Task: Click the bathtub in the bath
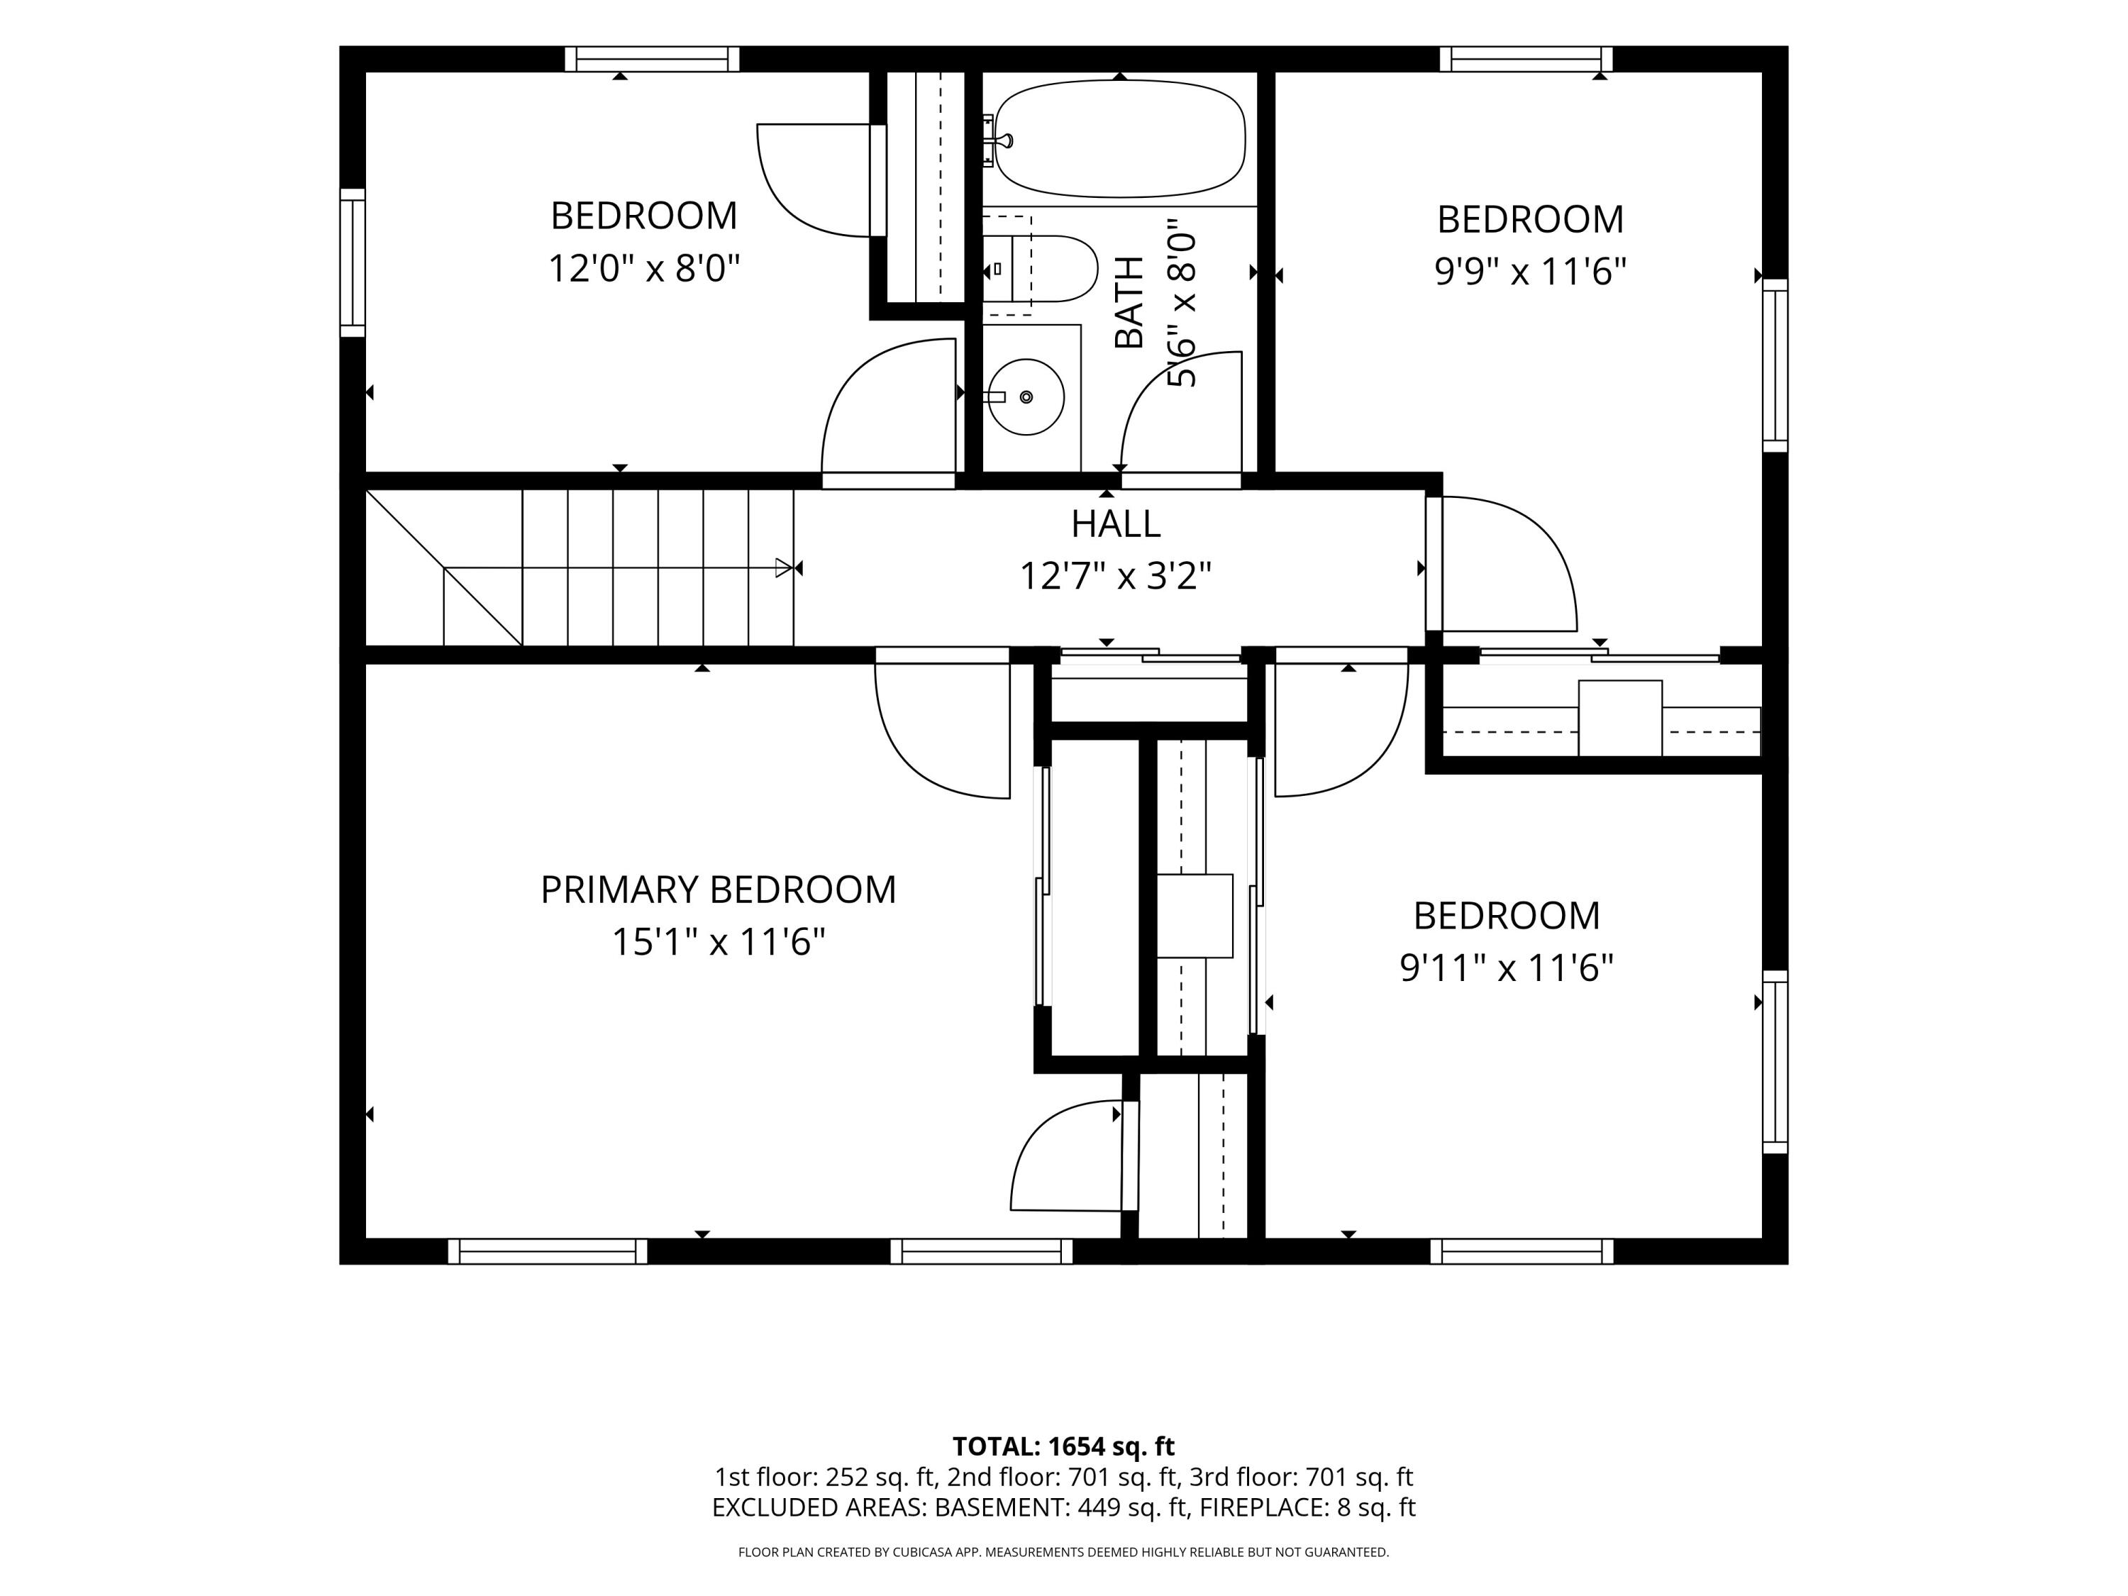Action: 1120,138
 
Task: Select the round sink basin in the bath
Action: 1026,397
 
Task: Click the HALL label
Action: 1116,523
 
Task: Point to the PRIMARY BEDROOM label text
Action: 718,890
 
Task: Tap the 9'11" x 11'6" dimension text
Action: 1507,967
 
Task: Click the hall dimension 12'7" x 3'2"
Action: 1115,576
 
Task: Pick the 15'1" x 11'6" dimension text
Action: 719,942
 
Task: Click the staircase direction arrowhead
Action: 784,569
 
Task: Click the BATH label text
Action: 1129,302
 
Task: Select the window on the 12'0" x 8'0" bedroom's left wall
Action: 353,262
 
